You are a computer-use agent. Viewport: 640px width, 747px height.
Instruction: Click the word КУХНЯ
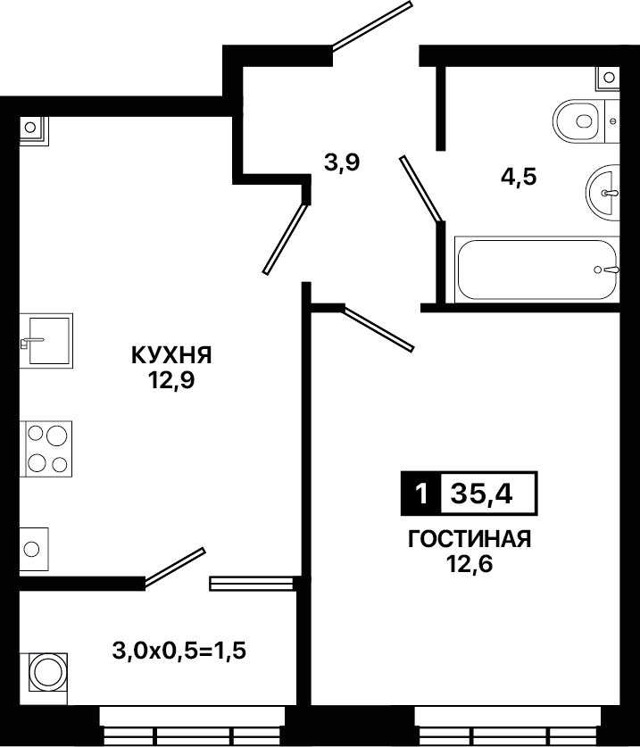pos(171,355)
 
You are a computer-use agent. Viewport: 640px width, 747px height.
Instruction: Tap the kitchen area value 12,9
pos(171,380)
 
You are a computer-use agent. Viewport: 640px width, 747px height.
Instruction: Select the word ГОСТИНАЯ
pos(470,539)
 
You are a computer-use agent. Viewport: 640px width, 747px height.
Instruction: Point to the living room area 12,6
pos(470,564)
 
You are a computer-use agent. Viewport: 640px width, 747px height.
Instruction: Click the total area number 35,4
pos(482,494)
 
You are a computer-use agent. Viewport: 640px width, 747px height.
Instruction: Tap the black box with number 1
pos(420,494)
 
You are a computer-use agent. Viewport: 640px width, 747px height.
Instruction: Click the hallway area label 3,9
pos(342,163)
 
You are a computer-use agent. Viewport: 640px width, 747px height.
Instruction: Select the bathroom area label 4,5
pos(519,178)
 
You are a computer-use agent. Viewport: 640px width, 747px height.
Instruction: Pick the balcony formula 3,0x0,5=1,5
pos(179,651)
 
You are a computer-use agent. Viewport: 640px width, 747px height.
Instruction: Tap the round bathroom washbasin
pos(603,193)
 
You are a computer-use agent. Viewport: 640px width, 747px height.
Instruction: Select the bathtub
pos(537,270)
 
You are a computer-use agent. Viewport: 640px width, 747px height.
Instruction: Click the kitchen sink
pos(46,341)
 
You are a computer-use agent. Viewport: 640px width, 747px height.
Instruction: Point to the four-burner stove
pos(46,449)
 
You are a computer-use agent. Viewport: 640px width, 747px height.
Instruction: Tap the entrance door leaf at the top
pos(371,25)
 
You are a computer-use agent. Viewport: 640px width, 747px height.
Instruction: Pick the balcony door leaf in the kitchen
pos(175,566)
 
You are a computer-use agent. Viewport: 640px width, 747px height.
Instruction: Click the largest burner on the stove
pos(56,436)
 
